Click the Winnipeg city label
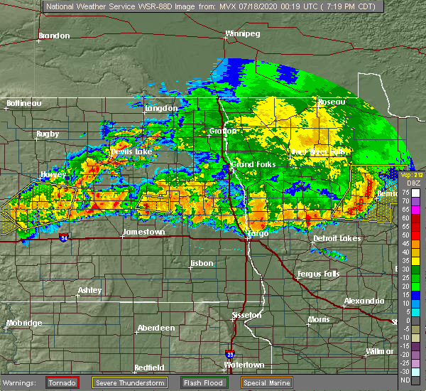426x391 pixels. tap(242, 33)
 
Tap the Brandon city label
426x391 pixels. tap(55, 36)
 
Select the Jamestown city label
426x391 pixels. tap(143, 232)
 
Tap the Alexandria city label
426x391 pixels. tap(364, 301)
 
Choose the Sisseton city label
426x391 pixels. tap(248, 314)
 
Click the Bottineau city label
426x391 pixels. tap(24, 103)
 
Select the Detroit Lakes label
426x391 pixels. tap(337, 237)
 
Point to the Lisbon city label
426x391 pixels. tap(202, 264)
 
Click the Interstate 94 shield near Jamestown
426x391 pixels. tap(65, 237)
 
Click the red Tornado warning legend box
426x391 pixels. tap(62, 382)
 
